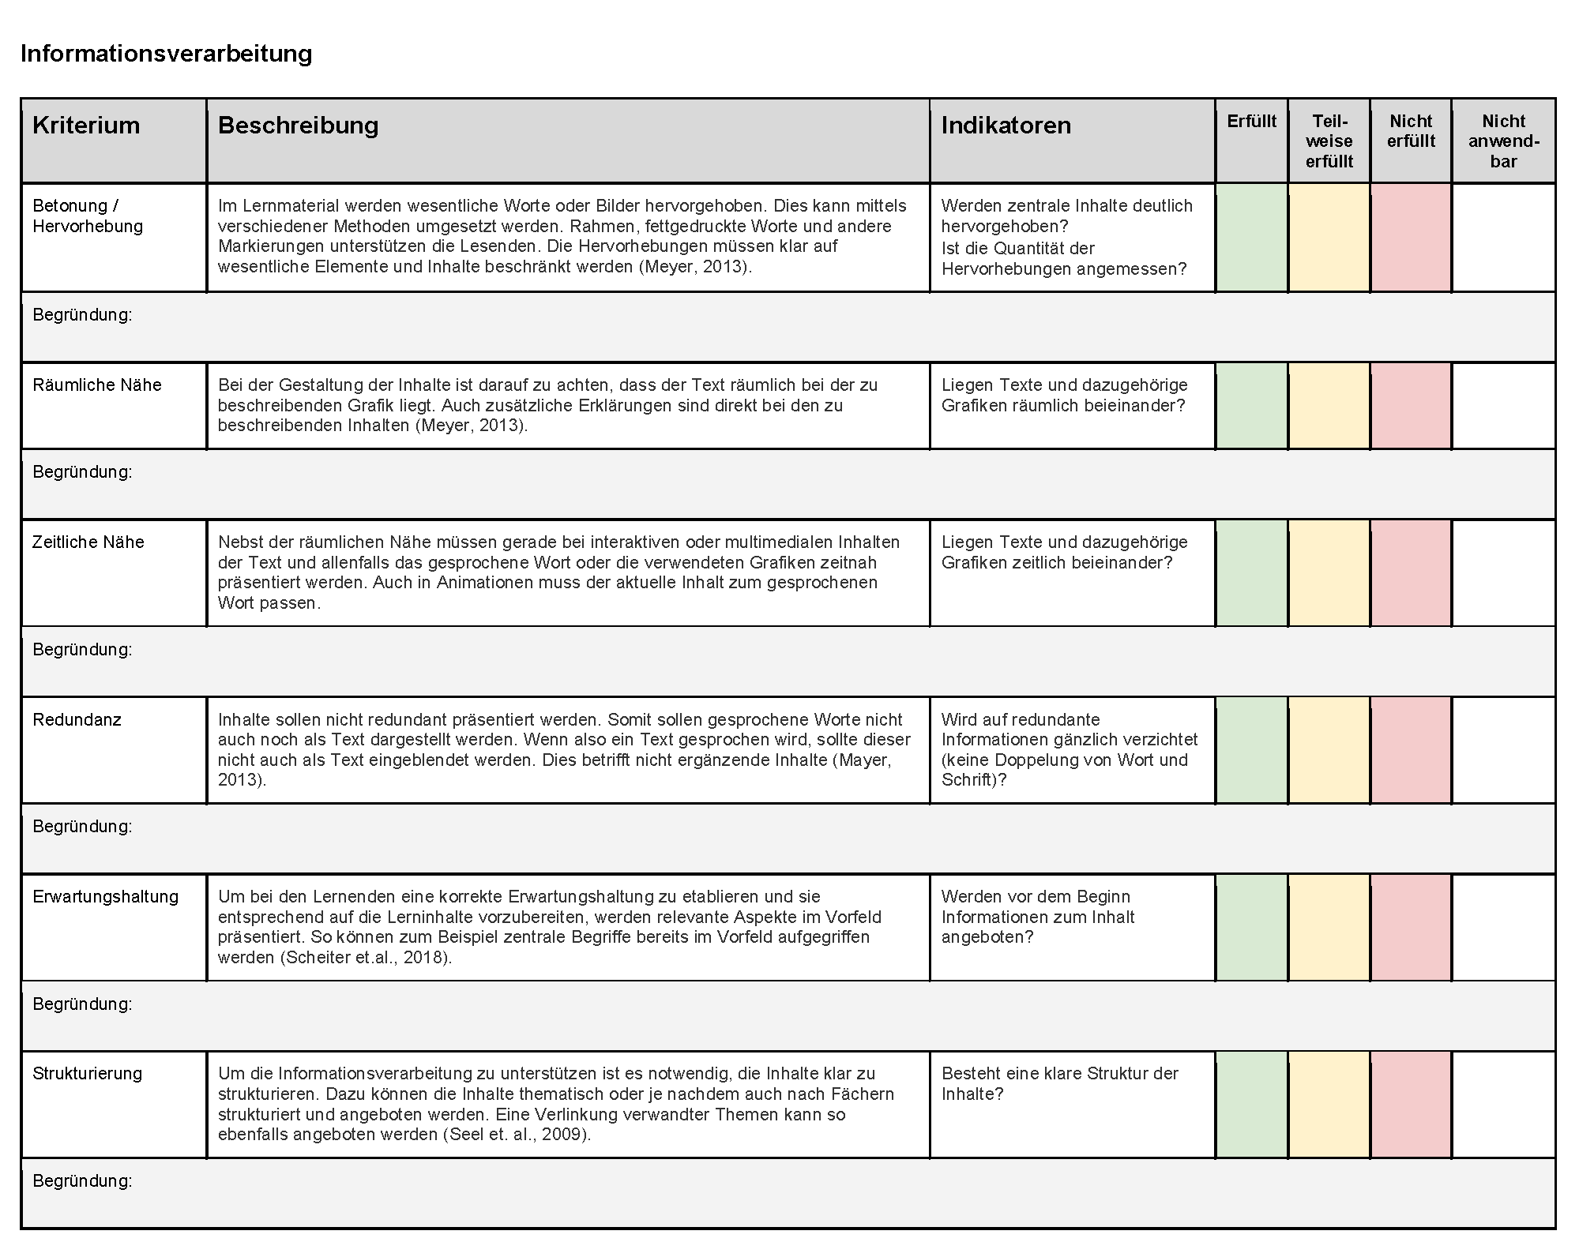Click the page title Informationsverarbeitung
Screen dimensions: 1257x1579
click(x=167, y=54)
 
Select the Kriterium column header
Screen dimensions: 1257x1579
click(x=86, y=126)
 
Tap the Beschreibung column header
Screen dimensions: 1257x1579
click(x=298, y=126)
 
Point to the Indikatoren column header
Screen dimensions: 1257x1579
click(x=1006, y=126)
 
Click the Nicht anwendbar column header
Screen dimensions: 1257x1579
click(x=1503, y=141)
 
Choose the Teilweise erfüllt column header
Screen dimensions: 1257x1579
click(x=1329, y=141)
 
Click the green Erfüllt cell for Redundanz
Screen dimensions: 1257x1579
click(x=1251, y=749)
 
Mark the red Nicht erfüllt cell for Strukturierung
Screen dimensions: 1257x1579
click(x=1411, y=1104)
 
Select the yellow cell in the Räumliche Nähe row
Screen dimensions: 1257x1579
click(x=1329, y=406)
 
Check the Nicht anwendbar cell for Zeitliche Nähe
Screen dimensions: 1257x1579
click(x=1503, y=572)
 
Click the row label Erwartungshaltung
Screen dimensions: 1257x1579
click(x=106, y=897)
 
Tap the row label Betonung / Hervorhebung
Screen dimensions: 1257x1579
click(x=88, y=216)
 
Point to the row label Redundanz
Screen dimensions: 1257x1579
click(x=77, y=720)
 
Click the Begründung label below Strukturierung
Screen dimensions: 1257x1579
click(x=82, y=1180)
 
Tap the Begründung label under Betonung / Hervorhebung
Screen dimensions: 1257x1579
click(x=82, y=315)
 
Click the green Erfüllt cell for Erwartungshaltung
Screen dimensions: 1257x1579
click(x=1251, y=927)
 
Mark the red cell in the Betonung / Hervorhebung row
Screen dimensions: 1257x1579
click(x=1411, y=238)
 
